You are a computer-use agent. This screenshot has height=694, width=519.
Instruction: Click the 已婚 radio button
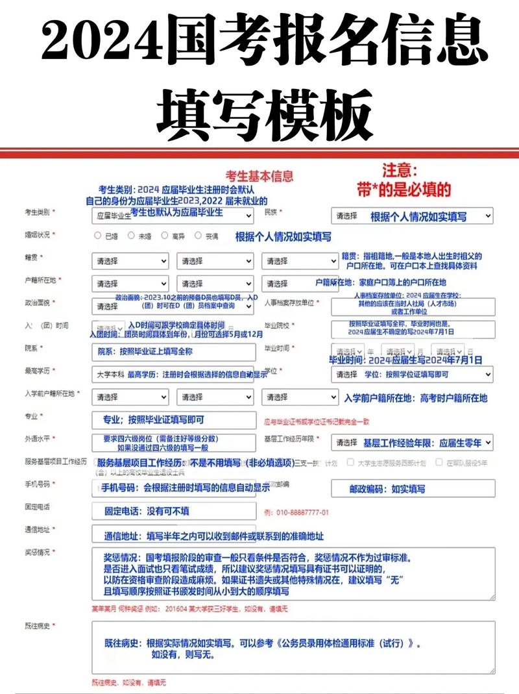pos(98,236)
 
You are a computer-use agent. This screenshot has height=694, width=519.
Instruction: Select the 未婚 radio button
pos(131,236)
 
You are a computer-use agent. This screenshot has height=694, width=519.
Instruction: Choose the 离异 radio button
pos(165,236)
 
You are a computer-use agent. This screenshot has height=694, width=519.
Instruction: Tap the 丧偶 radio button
pos(199,236)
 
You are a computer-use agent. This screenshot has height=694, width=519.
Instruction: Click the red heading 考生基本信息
pos(259,176)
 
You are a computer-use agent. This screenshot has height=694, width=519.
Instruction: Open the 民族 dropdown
pos(412,216)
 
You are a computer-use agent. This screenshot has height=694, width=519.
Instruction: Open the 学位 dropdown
pos(412,375)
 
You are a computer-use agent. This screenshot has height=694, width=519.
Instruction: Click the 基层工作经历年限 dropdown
pos(412,443)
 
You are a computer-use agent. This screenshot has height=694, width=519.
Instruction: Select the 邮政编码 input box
pos(412,488)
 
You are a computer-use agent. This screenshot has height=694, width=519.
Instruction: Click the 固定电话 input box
pos(174,512)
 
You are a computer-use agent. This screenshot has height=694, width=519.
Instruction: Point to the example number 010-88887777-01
pos(296,512)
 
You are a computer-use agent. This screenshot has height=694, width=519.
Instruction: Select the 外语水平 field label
pos(38,438)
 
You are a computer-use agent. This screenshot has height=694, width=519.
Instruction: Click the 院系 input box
pos(174,352)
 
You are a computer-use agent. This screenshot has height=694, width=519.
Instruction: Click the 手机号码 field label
pos(38,484)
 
